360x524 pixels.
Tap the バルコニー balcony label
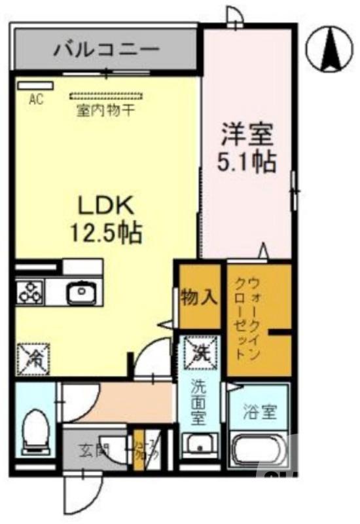click(x=107, y=48)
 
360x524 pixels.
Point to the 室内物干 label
click(x=106, y=109)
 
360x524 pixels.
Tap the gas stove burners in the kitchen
click(x=31, y=290)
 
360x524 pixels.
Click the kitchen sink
click(x=82, y=291)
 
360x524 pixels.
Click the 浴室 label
click(x=260, y=412)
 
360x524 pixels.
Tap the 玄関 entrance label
click(x=92, y=451)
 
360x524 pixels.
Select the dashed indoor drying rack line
click(x=105, y=96)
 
